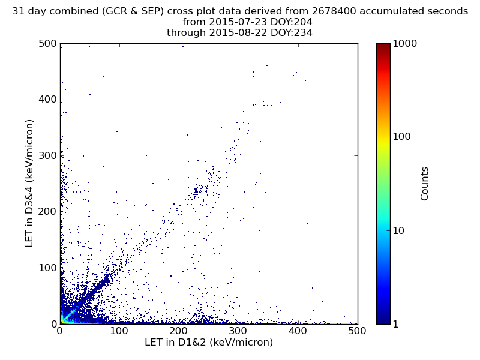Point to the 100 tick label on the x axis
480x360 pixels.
119,331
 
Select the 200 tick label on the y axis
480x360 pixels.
47,212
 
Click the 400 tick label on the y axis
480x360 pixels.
47,100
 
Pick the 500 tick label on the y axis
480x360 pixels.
47,44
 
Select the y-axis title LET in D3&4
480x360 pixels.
29,183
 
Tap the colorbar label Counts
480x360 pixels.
425,184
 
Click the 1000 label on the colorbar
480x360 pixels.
405,44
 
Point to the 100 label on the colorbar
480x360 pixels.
403,137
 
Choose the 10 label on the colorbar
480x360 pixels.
400,230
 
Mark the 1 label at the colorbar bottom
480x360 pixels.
397,324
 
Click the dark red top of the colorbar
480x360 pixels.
383,46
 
